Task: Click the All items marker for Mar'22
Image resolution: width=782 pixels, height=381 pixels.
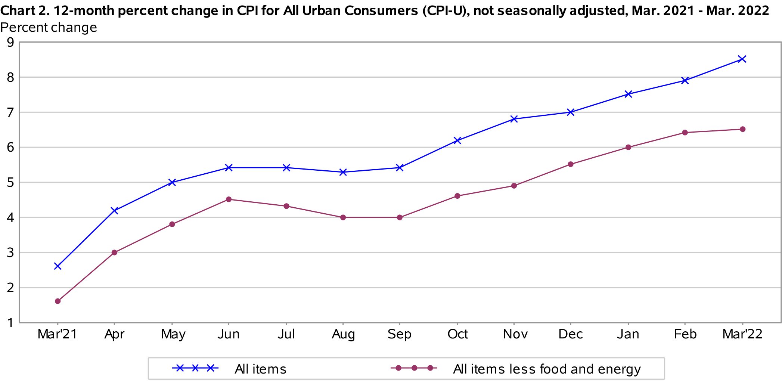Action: point(742,59)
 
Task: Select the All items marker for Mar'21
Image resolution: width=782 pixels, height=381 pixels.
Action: point(58,266)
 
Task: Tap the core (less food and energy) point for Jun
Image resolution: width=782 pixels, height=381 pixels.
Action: point(229,199)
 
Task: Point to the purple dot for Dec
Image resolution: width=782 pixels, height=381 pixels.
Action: point(571,164)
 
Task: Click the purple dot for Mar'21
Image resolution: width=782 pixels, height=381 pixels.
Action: point(58,301)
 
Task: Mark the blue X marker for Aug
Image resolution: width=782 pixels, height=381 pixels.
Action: point(343,172)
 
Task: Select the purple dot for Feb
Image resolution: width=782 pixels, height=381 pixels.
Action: point(685,133)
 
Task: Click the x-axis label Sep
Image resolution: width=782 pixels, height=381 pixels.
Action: point(399,334)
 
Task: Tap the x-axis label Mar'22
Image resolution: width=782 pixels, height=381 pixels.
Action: point(742,334)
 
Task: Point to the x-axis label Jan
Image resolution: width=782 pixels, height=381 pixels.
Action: point(628,334)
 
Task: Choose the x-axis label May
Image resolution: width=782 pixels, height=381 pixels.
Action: point(173,334)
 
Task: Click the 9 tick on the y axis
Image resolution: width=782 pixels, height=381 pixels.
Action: point(10,42)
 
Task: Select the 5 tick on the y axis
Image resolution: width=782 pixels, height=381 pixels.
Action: point(10,183)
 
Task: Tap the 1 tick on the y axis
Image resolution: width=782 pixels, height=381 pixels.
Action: point(10,323)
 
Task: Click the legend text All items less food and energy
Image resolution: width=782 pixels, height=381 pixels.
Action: point(547,369)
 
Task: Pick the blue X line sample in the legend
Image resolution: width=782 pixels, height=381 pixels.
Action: point(195,368)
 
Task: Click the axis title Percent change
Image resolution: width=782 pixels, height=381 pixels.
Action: point(49,28)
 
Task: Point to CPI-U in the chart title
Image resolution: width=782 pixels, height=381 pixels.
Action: point(444,10)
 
